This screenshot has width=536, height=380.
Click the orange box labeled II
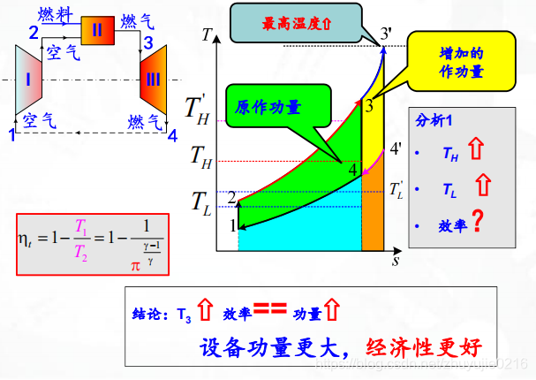click(x=97, y=30)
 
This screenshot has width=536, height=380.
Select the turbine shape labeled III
click(x=152, y=80)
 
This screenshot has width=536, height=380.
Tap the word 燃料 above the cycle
click(x=55, y=15)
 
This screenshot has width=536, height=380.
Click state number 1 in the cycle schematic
click(x=12, y=135)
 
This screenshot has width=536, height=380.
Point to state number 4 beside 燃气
click(x=172, y=135)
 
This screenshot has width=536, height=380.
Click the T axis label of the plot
click(x=206, y=36)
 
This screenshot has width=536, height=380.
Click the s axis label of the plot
click(x=396, y=262)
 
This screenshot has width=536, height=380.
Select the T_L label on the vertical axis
click(x=201, y=201)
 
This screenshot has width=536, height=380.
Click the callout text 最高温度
click(x=296, y=25)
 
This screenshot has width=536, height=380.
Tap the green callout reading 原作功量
click(x=268, y=107)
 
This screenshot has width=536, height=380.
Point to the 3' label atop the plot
click(x=386, y=34)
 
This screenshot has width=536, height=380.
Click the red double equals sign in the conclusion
click(x=266, y=309)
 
